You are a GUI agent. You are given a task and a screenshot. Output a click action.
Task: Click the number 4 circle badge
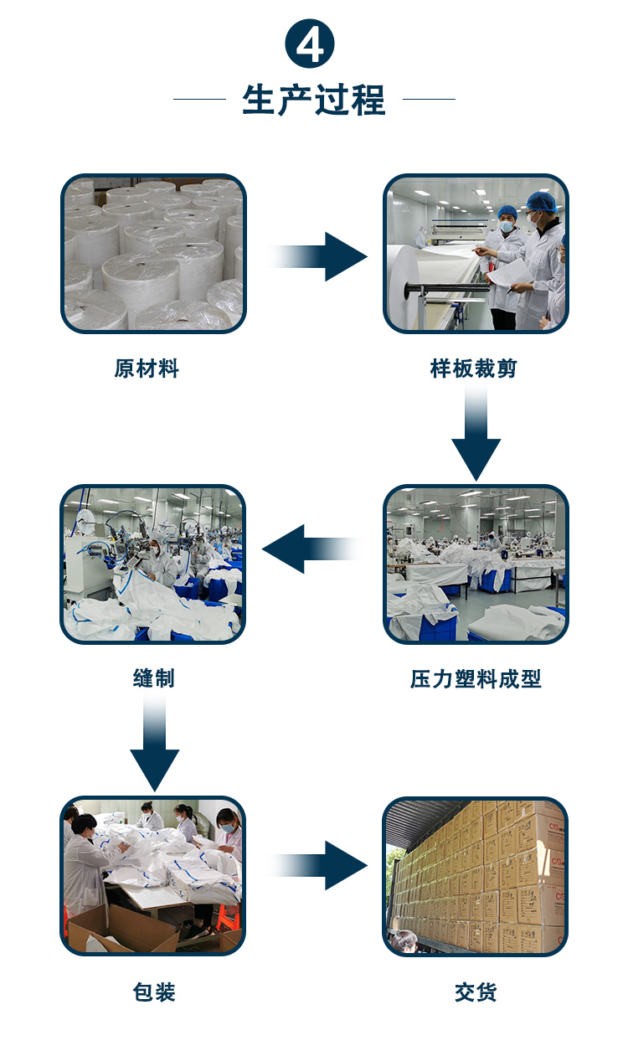tap(311, 44)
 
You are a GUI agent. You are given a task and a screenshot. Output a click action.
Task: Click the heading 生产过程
tap(314, 100)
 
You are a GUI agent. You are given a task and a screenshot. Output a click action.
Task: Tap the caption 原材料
tap(147, 368)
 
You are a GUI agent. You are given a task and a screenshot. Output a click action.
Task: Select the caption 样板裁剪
tap(475, 368)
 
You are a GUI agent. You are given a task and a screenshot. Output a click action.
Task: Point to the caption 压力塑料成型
tap(476, 679)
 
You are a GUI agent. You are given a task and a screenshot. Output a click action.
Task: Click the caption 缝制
tap(154, 678)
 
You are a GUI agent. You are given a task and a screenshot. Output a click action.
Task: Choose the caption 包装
tap(154, 992)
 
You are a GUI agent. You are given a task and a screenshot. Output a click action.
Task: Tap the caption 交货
tap(476, 992)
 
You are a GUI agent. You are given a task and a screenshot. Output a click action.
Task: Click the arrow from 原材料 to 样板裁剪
tap(322, 255)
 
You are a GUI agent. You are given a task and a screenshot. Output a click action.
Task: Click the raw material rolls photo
tap(153, 254)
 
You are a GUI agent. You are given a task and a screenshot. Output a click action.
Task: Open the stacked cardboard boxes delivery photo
tap(476, 876)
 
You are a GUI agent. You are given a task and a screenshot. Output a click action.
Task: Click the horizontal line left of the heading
tap(199, 100)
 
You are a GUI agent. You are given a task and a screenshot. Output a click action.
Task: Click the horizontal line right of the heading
tap(429, 100)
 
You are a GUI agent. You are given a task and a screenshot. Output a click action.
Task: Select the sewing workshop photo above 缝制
tap(153, 564)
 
